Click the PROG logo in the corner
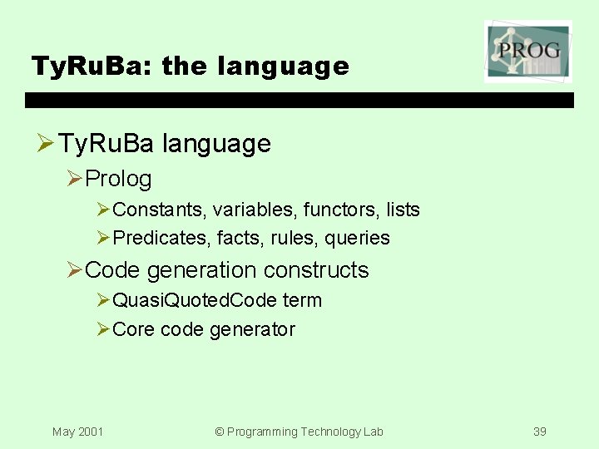pyautogui.click(x=528, y=51)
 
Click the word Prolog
pyautogui.click(x=118, y=179)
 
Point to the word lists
pyautogui.click(x=403, y=210)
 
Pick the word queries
pyautogui.click(x=357, y=239)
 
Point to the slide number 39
pyautogui.click(x=540, y=432)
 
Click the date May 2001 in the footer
pyautogui.click(x=77, y=432)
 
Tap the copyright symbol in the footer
pyautogui.click(x=220, y=432)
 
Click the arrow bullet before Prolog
pyautogui.click(x=75, y=179)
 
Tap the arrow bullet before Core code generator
pyautogui.click(x=103, y=330)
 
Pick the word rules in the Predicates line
pyautogui.click(x=294, y=239)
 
